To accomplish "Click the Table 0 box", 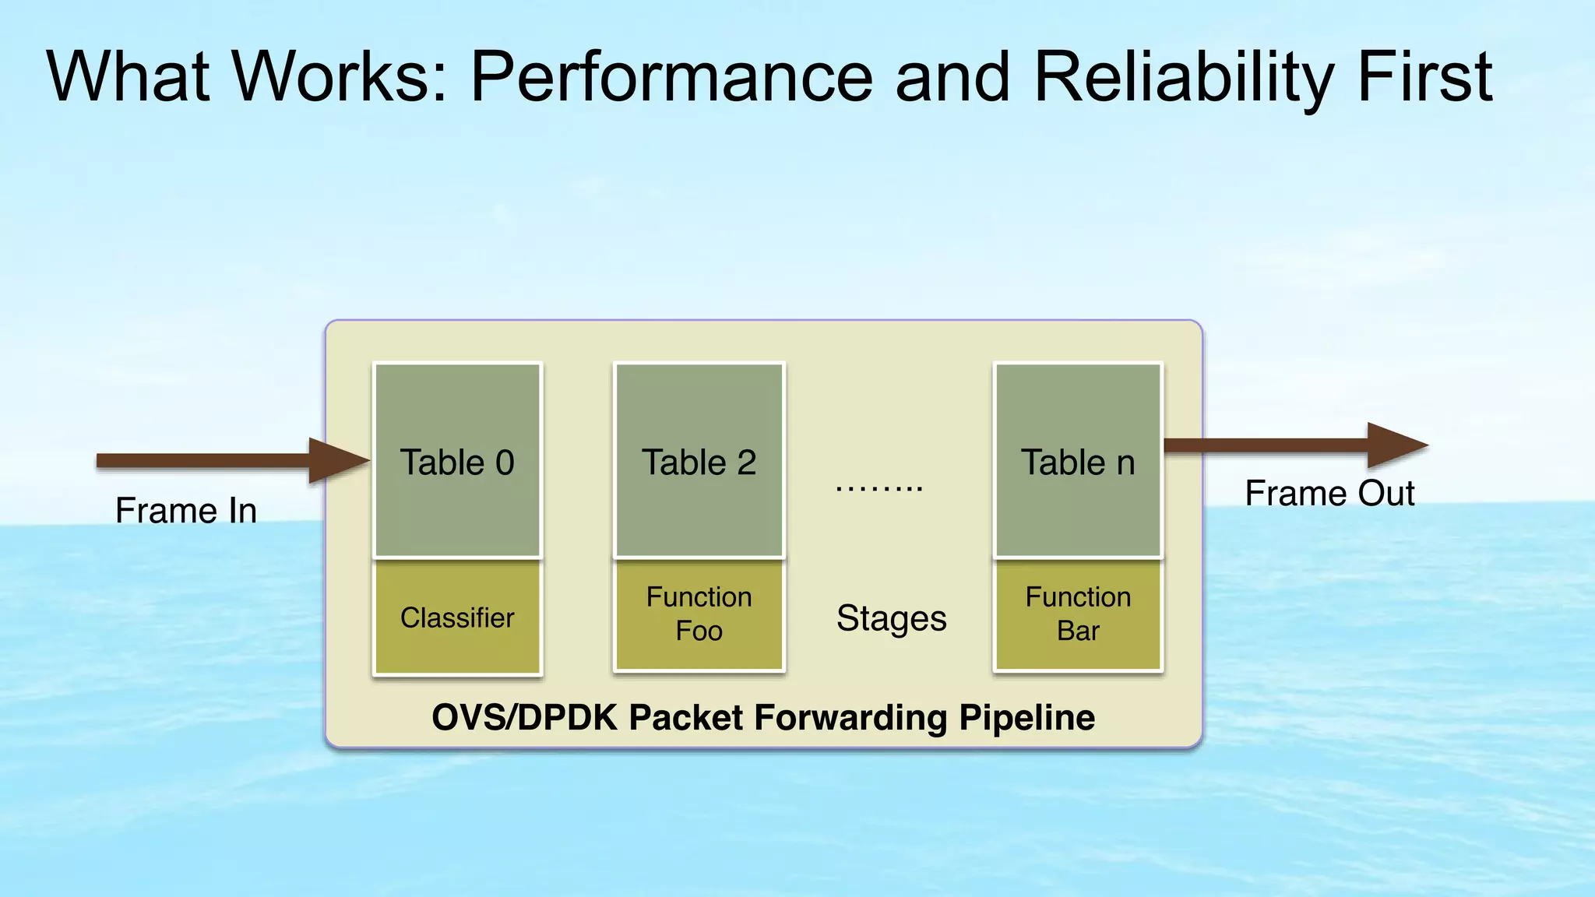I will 457,461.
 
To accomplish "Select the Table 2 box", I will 699,461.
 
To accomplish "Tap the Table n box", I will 1078,461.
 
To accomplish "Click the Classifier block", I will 457,617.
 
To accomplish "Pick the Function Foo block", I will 699,614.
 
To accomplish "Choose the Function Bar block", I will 1078,614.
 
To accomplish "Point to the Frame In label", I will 186,511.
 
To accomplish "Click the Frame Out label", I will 1329,493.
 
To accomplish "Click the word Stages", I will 891,618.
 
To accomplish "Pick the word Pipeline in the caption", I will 1026,717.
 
